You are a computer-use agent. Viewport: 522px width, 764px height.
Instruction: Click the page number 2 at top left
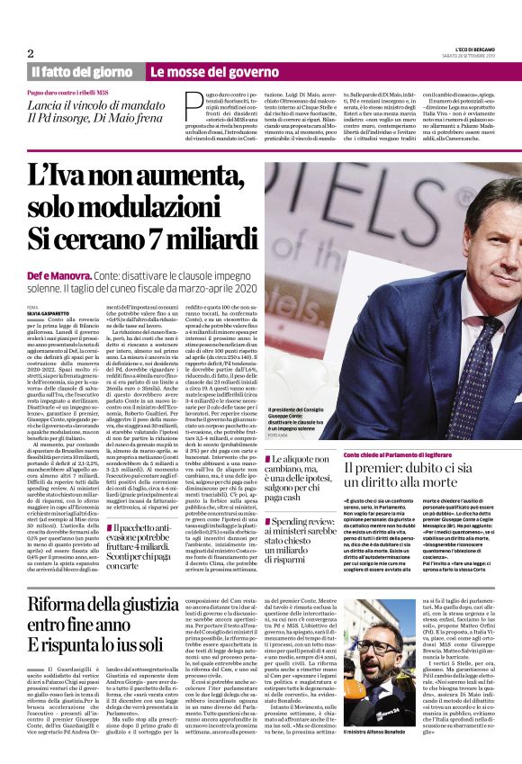[x=30, y=53]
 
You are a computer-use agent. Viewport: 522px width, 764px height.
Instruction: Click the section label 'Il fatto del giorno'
[x=83, y=71]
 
